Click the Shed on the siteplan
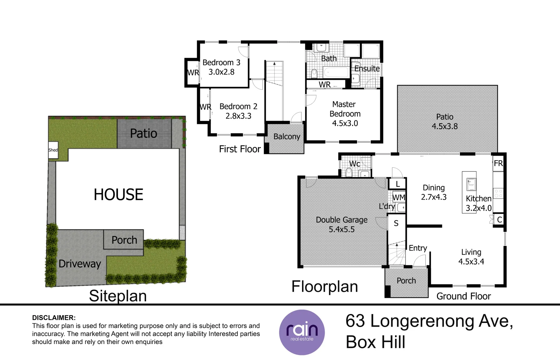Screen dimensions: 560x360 [x=53, y=150]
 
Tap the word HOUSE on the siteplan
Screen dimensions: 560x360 [x=119, y=195]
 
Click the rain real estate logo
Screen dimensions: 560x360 [x=302, y=332]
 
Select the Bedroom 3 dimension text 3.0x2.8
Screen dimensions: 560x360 [x=221, y=72]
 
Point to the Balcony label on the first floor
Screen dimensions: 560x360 [x=287, y=137]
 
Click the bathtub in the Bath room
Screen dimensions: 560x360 [x=336, y=72]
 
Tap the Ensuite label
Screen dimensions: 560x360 [x=367, y=69]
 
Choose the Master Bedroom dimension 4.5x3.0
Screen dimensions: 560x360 [x=345, y=123]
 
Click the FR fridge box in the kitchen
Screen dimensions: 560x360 [x=498, y=163]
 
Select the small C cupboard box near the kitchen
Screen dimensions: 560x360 [x=499, y=220]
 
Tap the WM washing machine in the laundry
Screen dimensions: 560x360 [x=399, y=197]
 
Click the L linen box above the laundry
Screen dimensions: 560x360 [x=397, y=184]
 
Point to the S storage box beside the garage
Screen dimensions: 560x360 [x=396, y=223]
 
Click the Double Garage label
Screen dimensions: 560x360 [x=342, y=220]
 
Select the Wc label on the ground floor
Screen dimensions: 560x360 [x=355, y=164]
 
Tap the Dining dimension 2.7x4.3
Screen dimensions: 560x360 [x=434, y=197]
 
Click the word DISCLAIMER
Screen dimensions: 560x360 [x=54, y=318]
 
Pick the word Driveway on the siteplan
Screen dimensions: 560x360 [x=80, y=264]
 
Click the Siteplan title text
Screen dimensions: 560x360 [x=118, y=296]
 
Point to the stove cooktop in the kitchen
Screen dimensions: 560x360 [x=498, y=193]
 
